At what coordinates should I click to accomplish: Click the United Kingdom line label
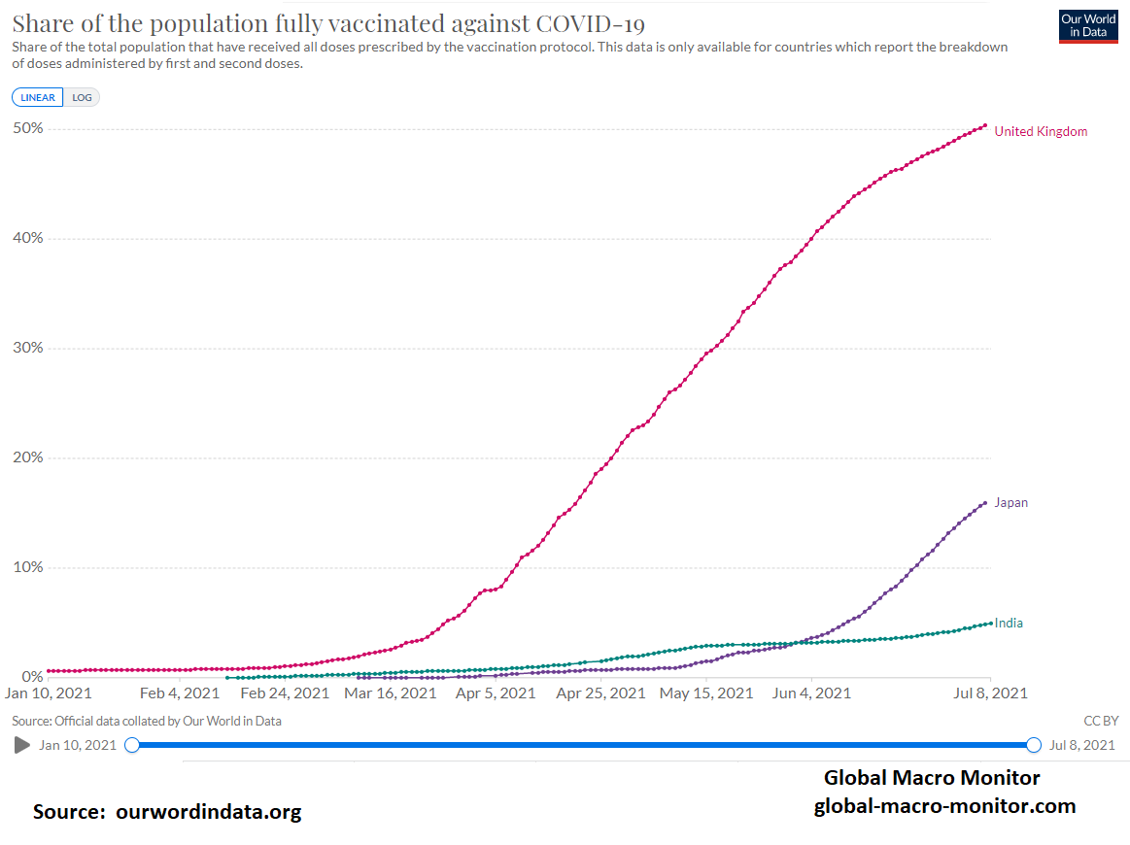pyautogui.click(x=1041, y=131)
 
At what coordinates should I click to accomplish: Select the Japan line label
pyautogui.click(x=1010, y=503)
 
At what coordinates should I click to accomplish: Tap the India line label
pyautogui.click(x=1009, y=624)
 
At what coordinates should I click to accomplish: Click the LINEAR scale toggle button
pyautogui.click(x=38, y=97)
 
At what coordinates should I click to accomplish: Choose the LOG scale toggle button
pyautogui.click(x=82, y=97)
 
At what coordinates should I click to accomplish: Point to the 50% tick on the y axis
pyautogui.click(x=27, y=128)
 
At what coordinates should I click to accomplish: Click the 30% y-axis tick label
pyautogui.click(x=27, y=348)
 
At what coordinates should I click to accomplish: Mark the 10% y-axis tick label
pyautogui.click(x=27, y=567)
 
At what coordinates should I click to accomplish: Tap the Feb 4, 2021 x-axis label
pyautogui.click(x=180, y=693)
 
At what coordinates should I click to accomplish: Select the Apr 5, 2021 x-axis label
pyautogui.click(x=496, y=693)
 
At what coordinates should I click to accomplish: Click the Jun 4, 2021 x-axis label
pyautogui.click(x=810, y=693)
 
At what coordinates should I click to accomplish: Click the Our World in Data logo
pyautogui.click(x=1088, y=26)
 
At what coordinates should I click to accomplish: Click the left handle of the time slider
pyautogui.click(x=132, y=745)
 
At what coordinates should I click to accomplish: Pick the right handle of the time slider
pyautogui.click(x=1034, y=745)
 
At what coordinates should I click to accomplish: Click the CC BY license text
pyautogui.click(x=1101, y=721)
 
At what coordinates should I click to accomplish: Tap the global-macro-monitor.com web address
pyautogui.click(x=944, y=805)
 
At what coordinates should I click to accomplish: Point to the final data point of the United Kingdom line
pyautogui.click(x=985, y=125)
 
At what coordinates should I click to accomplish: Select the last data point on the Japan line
pyautogui.click(x=985, y=502)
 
